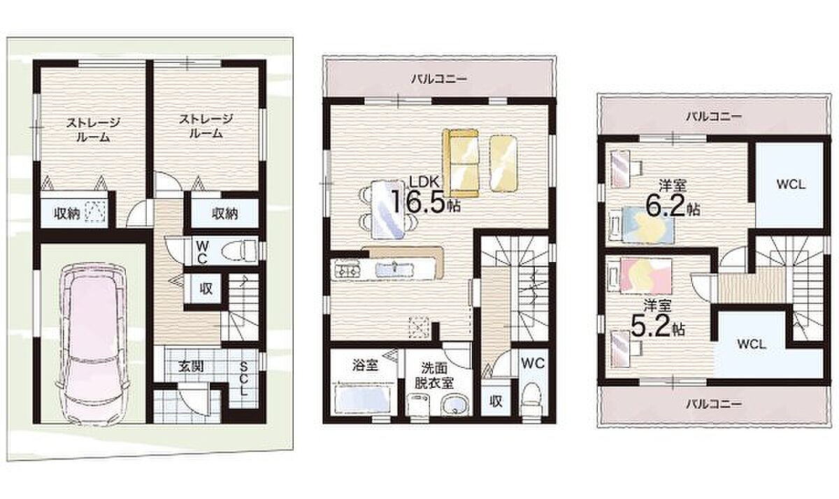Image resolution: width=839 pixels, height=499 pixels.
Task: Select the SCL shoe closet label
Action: (243, 379)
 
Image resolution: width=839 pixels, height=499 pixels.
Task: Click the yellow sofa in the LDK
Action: (461, 163)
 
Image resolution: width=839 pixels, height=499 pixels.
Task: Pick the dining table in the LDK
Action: (388, 209)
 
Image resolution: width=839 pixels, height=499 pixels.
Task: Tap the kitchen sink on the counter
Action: (394, 268)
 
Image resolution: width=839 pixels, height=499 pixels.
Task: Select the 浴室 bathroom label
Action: (365, 365)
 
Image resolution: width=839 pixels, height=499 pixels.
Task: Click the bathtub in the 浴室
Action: (364, 400)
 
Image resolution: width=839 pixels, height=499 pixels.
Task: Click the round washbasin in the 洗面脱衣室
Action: (454, 406)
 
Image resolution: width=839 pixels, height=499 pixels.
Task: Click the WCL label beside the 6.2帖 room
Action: (791, 185)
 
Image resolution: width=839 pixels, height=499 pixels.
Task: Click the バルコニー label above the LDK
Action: (440, 79)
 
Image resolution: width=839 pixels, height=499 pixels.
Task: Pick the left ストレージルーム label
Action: (93, 130)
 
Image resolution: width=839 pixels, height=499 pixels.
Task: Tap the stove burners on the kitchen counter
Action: (346, 269)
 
